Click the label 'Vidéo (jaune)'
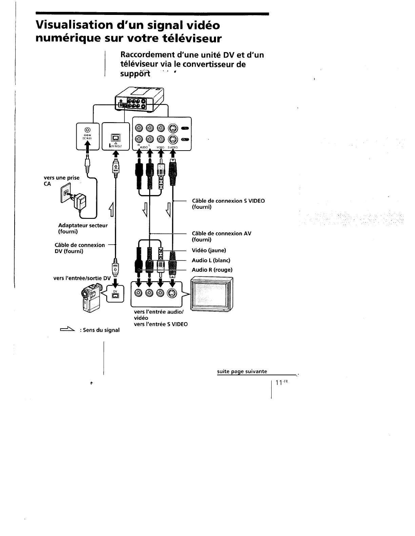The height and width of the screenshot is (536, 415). point(209,250)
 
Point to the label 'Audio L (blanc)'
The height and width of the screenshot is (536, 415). point(211,260)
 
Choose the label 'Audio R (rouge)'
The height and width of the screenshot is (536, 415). point(212,270)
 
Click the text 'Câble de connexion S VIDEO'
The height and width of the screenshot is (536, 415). point(228,201)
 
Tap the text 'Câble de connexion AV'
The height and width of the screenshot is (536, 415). point(221,233)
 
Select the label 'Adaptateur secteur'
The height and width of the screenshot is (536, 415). point(83,225)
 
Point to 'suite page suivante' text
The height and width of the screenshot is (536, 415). point(242,372)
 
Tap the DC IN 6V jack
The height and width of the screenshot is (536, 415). point(87,130)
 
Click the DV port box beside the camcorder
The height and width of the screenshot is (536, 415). point(116,294)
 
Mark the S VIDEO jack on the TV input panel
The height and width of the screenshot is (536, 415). point(172,294)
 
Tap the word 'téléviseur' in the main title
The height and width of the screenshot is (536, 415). point(189,39)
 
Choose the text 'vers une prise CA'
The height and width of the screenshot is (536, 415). point(61,181)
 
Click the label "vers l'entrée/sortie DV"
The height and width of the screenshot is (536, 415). point(82,278)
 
